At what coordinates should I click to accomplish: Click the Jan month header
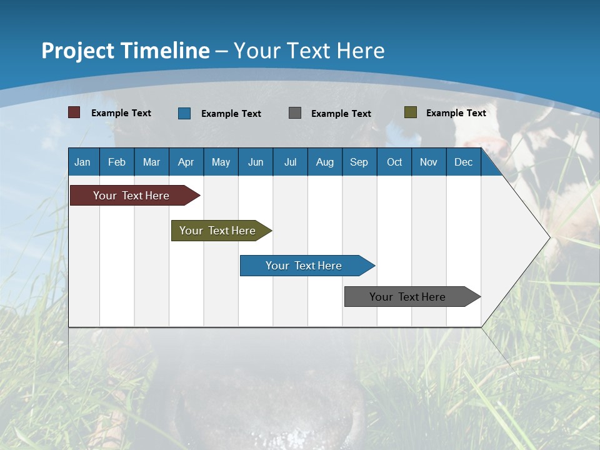(x=82, y=162)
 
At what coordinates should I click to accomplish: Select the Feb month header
(x=117, y=162)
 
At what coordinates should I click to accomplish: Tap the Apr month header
(x=186, y=162)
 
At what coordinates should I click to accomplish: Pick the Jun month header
(x=256, y=162)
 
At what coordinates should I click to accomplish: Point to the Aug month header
(x=325, y=162)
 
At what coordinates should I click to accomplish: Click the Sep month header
(x=359, y=162)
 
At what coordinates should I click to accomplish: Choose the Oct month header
(x=394, y=162)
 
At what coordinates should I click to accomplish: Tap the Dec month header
(x=463, y=162)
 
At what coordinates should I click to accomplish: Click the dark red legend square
(x=74, y=112)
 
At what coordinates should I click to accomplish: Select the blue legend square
(x=184, y=113)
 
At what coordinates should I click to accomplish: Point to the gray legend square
(x=295, y=112)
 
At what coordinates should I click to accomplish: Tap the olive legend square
(x=411, y=112)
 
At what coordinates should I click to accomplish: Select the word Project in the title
(x=77, y=51)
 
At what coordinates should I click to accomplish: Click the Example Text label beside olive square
(x=456, y=112)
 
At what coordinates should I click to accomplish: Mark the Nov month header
(x=429, y=162)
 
